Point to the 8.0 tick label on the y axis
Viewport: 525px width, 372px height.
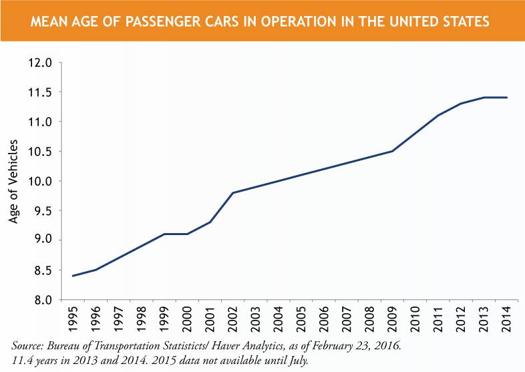point(40,300)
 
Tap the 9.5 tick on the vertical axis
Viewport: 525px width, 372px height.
point(40,211)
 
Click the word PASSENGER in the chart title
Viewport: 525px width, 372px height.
point(172,22)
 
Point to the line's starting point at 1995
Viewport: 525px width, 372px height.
point(73,276)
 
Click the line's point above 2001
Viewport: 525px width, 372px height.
point(210,222)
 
